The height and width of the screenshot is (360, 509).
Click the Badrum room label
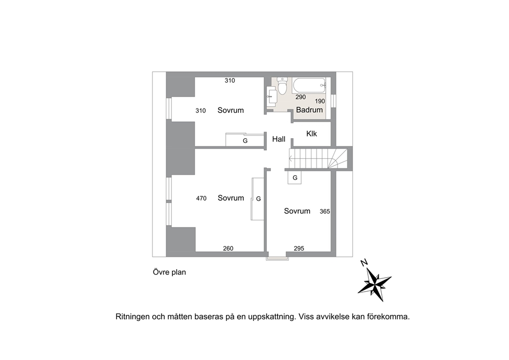(x=309, y=110)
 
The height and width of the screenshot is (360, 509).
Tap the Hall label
(x=279, y=139)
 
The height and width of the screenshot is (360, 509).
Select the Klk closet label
(x=311, y=134)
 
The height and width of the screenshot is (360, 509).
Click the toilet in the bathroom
(x=283, y=86)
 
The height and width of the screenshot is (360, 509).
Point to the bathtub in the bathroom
(x=309, y=85)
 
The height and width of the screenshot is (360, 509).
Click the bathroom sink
(x=272, y=96)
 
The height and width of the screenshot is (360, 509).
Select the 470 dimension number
(x=201, y=198)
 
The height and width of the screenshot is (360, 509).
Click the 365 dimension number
(x=325, y=212)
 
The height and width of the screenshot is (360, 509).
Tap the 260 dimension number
(x=228, y=249)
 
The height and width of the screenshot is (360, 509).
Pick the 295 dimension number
(x=299, y=249)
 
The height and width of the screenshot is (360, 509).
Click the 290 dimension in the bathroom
(x=301, y=97)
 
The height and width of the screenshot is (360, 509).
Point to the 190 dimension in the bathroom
(x=320, y=101)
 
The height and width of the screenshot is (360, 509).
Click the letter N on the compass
(x=364, y=262)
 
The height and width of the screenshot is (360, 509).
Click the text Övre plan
(x=169, y=272)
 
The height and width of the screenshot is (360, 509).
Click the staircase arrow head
(x=290, y=159)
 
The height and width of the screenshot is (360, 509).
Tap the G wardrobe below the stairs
(x=295, y=178)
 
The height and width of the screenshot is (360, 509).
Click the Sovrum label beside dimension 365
(x=297, y=211)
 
